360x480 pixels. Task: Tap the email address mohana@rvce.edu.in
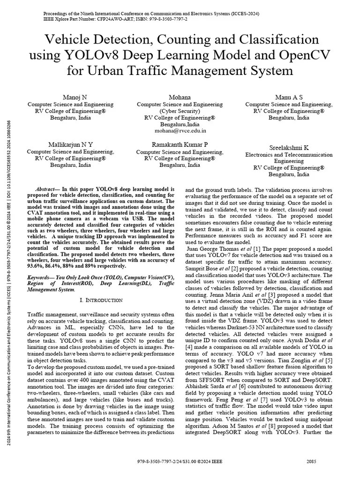[180, 132]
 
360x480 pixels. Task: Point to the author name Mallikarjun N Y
[71, 144]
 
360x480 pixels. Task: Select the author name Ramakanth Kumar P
[180, 144]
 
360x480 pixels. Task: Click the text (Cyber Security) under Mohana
[180, 111]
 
